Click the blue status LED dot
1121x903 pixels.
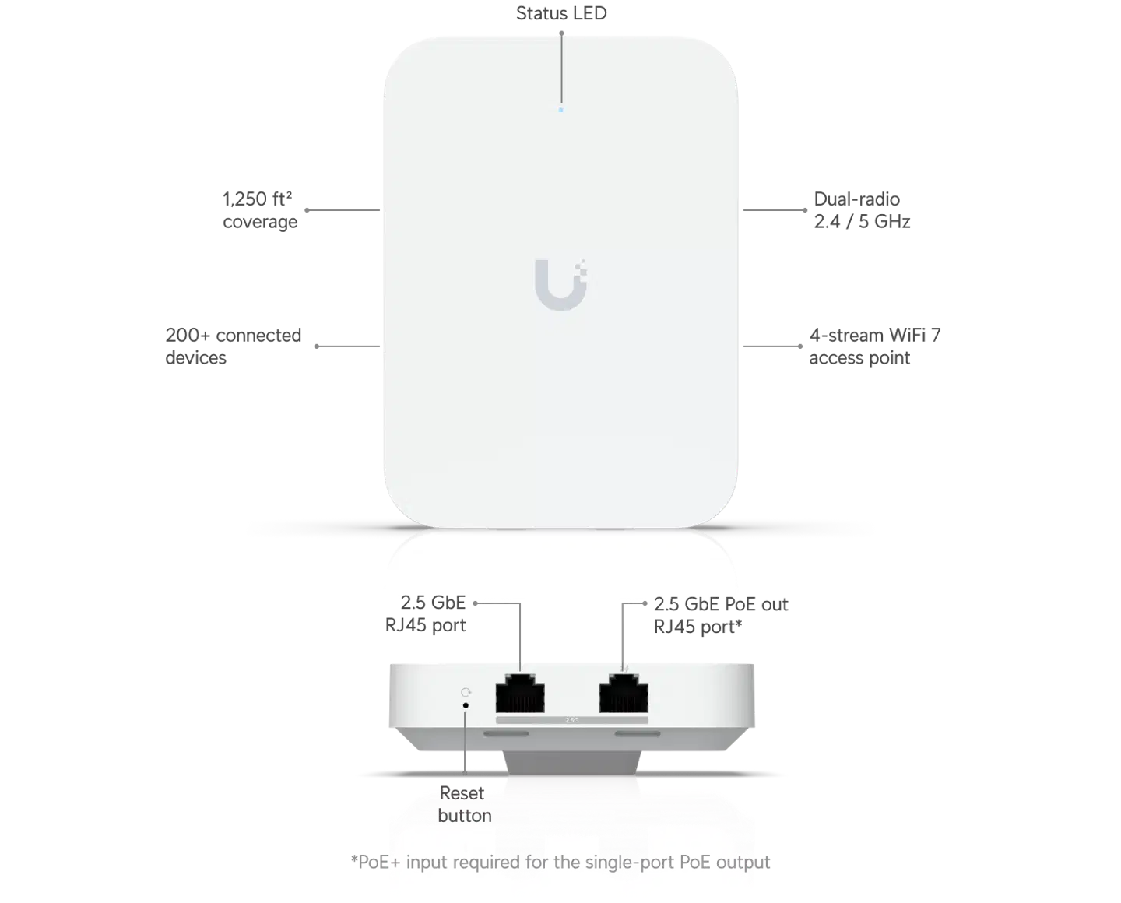[x=560, y=110]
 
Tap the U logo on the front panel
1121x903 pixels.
[x=560, y=282]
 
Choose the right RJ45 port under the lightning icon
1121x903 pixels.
[x=624, y=693]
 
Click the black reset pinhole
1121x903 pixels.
[x=466, y=705]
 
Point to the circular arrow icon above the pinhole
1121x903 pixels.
[x=466, y=691]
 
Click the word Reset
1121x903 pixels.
[x=462, y=793]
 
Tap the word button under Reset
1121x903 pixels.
[x=464, y=815]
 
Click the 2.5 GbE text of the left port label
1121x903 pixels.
[x=433, y=602]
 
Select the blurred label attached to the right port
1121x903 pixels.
[x=722, y=615]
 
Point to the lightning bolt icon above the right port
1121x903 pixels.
[x=627, y=668]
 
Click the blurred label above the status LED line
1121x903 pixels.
[x=562, y=13]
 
